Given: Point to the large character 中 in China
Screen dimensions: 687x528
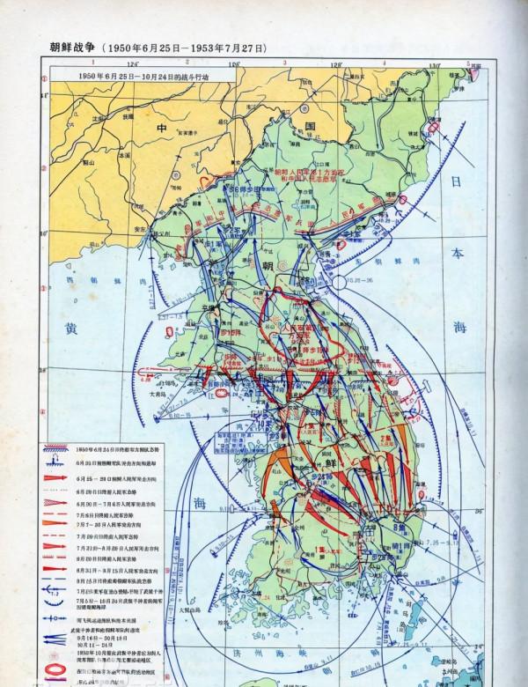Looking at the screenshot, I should pyautogui.click(x=161, y=129).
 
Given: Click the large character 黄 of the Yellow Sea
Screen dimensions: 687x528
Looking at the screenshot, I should pyautogui.click(x=70, y=326).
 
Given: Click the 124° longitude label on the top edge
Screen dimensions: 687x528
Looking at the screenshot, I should pyautogui.click(x=133, y=64).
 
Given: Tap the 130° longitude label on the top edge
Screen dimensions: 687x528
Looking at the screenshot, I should pyautogui.click(x=434, y=64).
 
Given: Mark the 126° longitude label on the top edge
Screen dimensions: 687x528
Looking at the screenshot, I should pyautogui.click(x=235, y=64).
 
